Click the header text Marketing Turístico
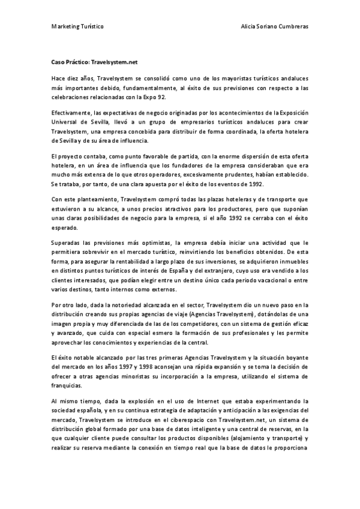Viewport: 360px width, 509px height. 77,27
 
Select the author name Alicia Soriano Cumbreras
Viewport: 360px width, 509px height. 274,27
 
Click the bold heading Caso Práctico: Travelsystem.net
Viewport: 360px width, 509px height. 95,61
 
